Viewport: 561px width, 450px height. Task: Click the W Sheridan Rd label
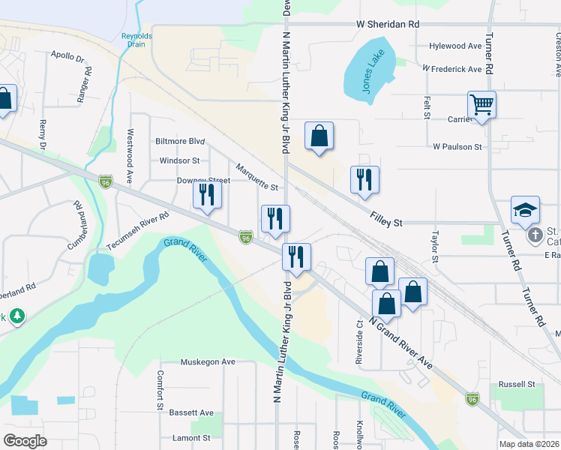388,25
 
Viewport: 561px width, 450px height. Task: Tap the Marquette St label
257,177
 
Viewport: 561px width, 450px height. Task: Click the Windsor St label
179,160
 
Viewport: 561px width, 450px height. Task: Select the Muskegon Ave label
208,361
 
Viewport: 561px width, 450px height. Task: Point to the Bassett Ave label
191,412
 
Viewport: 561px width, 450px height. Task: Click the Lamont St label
190,437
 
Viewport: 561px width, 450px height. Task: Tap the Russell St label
521,384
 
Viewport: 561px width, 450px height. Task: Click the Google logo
25,440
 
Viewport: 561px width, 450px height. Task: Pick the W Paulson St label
457,147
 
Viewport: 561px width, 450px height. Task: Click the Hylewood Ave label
455,46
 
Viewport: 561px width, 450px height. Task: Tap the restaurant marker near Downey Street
206,195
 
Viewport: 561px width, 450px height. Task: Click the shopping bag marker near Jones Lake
319,136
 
